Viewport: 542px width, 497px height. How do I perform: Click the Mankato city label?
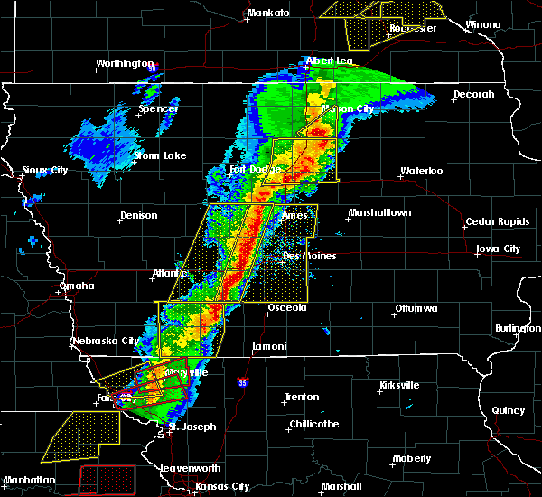268,14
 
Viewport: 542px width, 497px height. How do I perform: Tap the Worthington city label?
126,64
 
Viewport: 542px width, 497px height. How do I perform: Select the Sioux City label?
45,170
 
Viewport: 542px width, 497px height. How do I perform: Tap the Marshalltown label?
379,213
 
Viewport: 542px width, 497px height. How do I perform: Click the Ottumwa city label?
416,309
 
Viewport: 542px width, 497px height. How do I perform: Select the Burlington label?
519,329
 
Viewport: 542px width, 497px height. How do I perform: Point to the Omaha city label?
77,286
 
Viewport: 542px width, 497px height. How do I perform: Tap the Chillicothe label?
314,425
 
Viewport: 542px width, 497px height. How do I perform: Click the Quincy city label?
509,411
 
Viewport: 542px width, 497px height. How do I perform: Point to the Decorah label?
474,94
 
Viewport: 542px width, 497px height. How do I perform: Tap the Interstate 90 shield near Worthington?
153,68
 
